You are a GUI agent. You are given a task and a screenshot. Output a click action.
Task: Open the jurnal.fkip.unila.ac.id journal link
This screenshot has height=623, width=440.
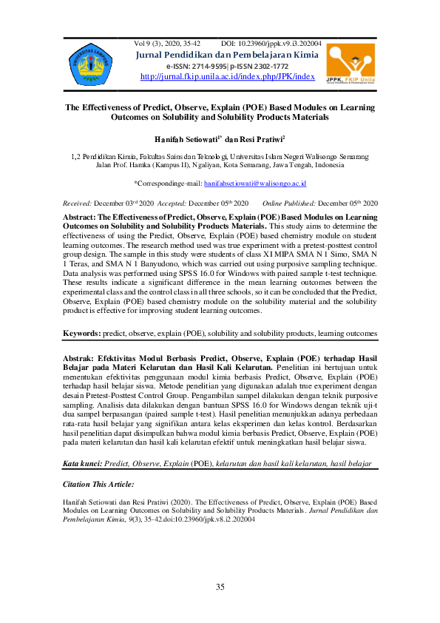pos(227,76)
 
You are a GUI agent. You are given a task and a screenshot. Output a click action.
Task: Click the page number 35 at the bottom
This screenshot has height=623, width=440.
pos(220,587)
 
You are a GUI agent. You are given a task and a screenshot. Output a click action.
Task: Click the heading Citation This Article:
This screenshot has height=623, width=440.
pos(98,484)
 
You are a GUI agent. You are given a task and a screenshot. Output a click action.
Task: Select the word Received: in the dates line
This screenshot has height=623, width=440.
pos(77,203)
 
